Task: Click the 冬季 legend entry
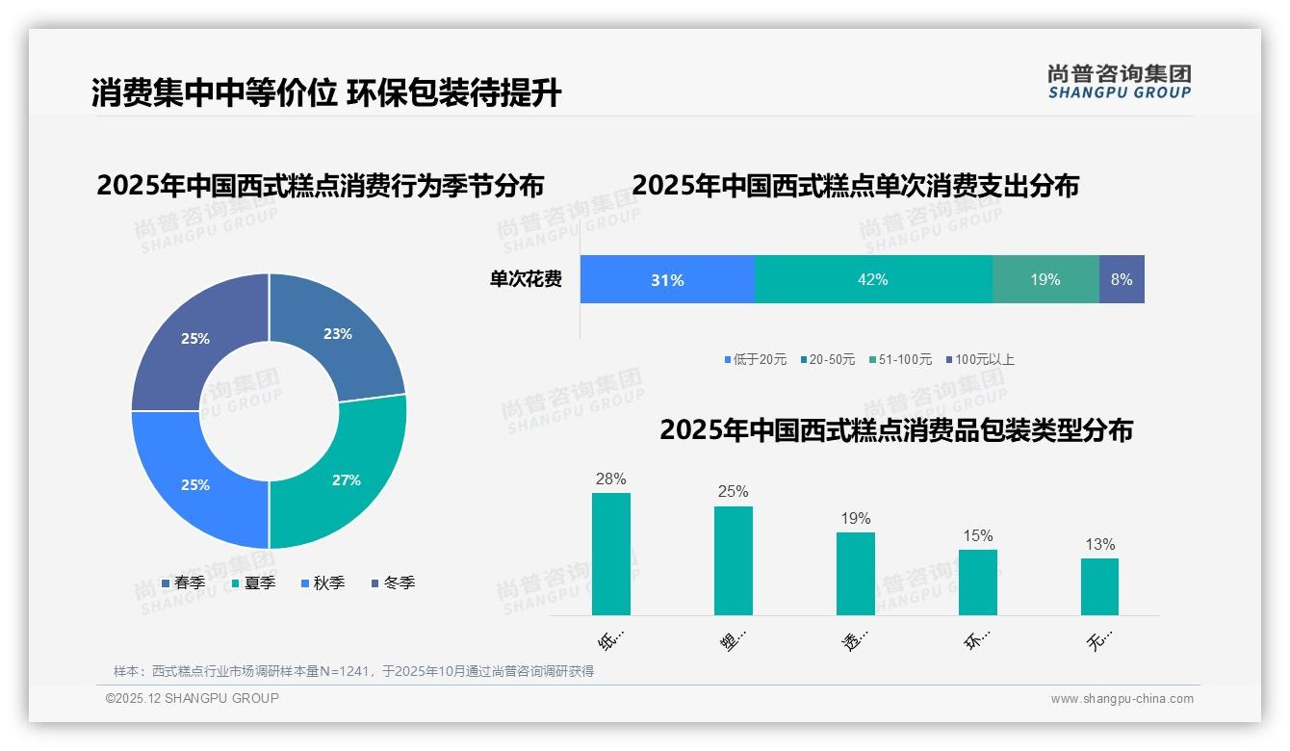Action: (393, 583)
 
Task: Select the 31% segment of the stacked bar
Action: (667, 279)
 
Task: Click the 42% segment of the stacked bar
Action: (873, 279)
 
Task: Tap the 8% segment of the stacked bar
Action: (1122, 279)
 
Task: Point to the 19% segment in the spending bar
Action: (1045, 279)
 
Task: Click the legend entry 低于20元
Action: (756, 359)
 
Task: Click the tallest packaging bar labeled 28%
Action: (611, 554)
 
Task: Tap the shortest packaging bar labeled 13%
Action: (1099, 586)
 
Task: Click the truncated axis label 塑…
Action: (733, 639)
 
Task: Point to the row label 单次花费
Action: (526, 279)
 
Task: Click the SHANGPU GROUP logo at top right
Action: (1120, 82)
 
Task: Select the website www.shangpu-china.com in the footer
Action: (1122, 699)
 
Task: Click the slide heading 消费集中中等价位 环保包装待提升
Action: (326, 93)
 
